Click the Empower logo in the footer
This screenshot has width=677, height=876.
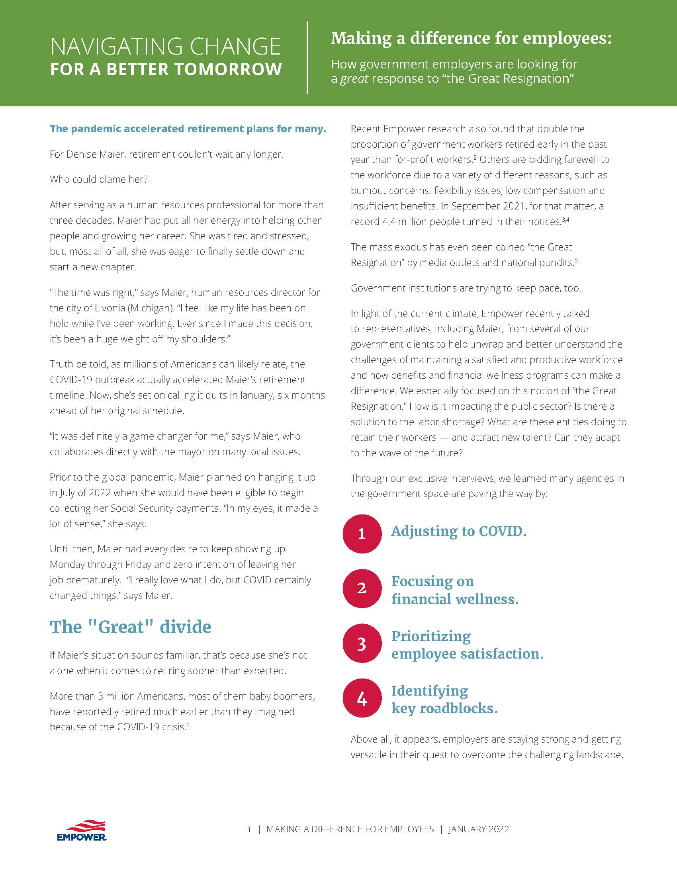(81, 830)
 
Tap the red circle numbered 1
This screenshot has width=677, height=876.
(362, 534)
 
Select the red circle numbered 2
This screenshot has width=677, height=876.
(362, 589)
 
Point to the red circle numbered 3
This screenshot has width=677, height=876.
(362, 643)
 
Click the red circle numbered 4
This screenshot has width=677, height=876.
(362, 698)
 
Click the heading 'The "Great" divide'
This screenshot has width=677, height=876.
(130, 627)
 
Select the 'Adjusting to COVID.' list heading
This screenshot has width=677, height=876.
(458, 531)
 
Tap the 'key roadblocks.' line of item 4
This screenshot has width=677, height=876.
(444, 708)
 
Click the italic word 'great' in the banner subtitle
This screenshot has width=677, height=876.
(354, 78)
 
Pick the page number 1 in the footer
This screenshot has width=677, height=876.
(249, 829)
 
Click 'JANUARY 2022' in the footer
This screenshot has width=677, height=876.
(478, 829)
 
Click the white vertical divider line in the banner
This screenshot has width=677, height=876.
(307, 58)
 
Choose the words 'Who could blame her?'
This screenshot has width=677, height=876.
(99, 179)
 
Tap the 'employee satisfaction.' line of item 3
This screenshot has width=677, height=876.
(467, 654)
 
